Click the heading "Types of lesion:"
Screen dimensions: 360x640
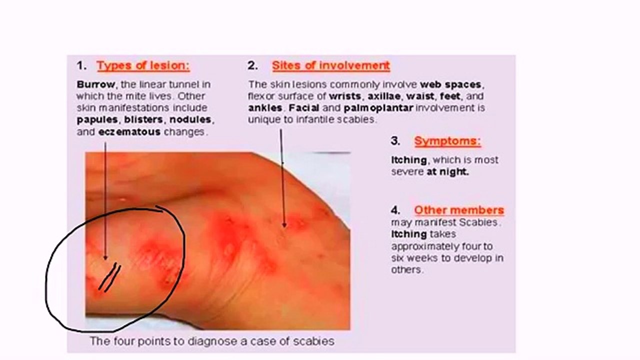point(143,65)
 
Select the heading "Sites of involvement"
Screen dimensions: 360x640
point(330,65)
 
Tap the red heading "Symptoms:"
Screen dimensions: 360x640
point(447,141)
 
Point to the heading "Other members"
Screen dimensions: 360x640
point(458,210)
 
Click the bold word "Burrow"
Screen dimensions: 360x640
point(95,84)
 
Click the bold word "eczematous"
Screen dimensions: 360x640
point(129,132)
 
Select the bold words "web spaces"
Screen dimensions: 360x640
point(451,84)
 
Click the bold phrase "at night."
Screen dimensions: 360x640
point(447,171)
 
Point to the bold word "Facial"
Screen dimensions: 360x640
point(304,108)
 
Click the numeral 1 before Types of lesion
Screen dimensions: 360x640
point(80,65)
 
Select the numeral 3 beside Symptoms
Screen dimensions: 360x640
point(395,141)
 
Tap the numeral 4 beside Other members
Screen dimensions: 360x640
point(395,210)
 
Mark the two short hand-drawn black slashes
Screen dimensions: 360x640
point(109,277)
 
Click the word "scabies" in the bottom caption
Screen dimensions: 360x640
point(317,341)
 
